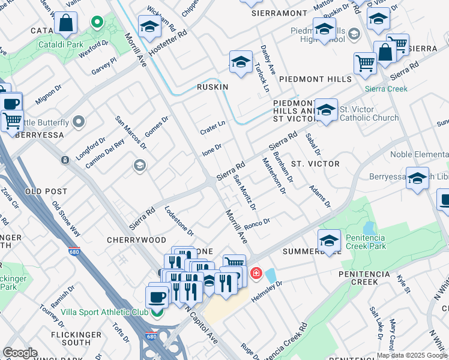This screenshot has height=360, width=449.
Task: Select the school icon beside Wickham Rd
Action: pyautogui.click(x=149, y=26)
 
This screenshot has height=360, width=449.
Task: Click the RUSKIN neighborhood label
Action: pyautogui.click(x=212, y=87)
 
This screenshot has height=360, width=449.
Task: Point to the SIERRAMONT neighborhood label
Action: pyautogui.click(x=279, y=13)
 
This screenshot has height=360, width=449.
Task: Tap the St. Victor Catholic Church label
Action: pyautogui.click(x=369, y=113)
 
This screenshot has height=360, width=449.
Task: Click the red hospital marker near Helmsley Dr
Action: pyautogui.click(x=256, y=274)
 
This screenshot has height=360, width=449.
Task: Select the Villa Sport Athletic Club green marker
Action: pyautogui.click(x=157, y=312)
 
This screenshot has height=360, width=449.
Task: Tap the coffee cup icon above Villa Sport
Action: pyautogui.click(x=157, y=296)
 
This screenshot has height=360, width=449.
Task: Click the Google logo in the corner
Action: pyautogui.click(x=20, y=353)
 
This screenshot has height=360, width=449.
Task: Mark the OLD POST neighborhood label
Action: pyautogui.click(x=46, y=191)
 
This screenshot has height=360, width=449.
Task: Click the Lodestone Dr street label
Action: pyautogui.click(x=179, y=220)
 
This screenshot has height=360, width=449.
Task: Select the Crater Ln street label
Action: pyautogui.click(x=212, y=127)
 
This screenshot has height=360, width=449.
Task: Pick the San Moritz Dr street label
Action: pyautogui.click(x=245, y=193)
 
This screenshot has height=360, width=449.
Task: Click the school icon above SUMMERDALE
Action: pyautogui.click(x=329, y=241)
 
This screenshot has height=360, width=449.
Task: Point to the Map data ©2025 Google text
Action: pyautogui.click(x=412, y=355)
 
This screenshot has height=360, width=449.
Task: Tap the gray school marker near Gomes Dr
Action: pyautogui.click(x=140, y=165)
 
